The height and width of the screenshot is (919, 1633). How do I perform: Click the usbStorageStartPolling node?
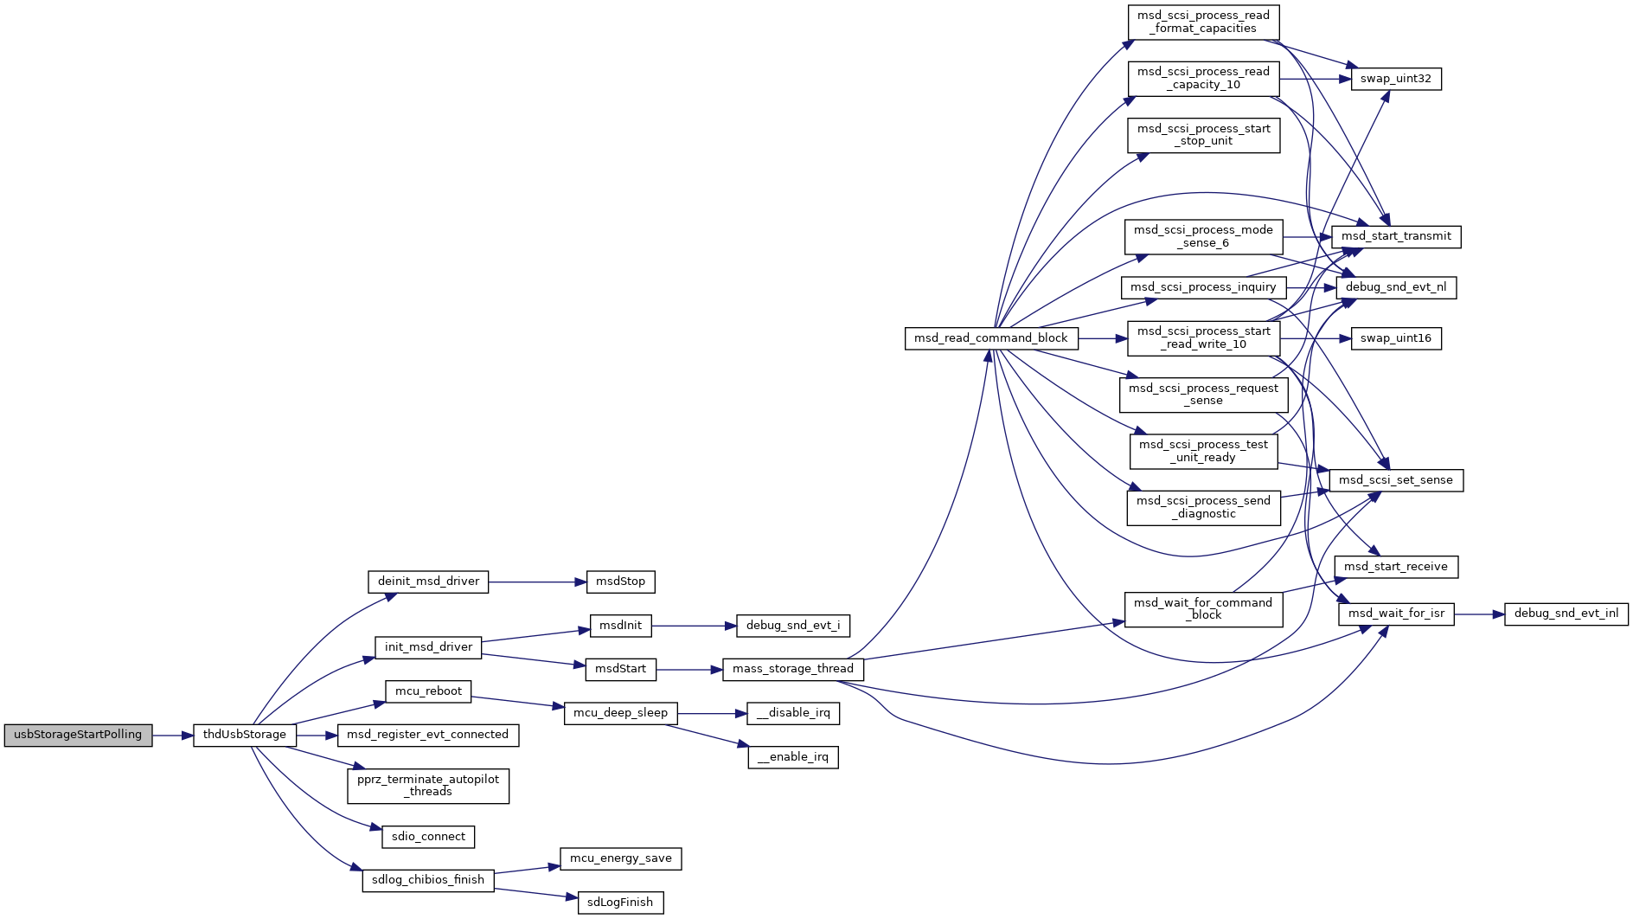(x=78, y=735)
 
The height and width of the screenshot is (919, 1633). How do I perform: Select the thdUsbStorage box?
(x=245, y=735)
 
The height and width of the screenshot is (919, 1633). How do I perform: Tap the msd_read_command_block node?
(x=990, y=338)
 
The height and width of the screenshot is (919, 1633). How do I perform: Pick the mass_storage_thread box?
(x=792, y=669)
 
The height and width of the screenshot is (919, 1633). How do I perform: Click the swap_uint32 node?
(x=1396, y=79)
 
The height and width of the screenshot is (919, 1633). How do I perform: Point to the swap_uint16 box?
(x=1396, y=338)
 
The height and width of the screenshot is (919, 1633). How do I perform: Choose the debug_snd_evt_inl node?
(x=1566, y=614)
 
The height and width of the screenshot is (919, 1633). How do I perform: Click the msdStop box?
(x=620, y=582)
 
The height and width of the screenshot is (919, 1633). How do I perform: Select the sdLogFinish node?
(x=620, y=903)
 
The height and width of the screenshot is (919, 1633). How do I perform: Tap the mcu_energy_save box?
(x=621, y=858)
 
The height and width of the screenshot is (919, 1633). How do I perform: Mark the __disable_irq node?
(x=793, y=713)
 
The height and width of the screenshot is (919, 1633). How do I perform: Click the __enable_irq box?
(x=793, y=757)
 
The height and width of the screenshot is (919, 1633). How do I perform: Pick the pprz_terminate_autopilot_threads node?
(x=428, y=786)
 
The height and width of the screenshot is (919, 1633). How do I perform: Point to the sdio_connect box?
(x=428, y=837)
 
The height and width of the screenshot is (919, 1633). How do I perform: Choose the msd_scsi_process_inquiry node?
(x=1203, y=287)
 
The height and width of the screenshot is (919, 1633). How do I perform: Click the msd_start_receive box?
(x=1396, y=567)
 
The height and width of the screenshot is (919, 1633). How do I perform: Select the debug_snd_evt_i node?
(x=793, y=625)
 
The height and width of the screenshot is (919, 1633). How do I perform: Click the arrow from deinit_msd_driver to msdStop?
(x=537, y=582)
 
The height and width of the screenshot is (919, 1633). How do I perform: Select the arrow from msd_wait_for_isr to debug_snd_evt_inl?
(x=1479, y=614)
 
